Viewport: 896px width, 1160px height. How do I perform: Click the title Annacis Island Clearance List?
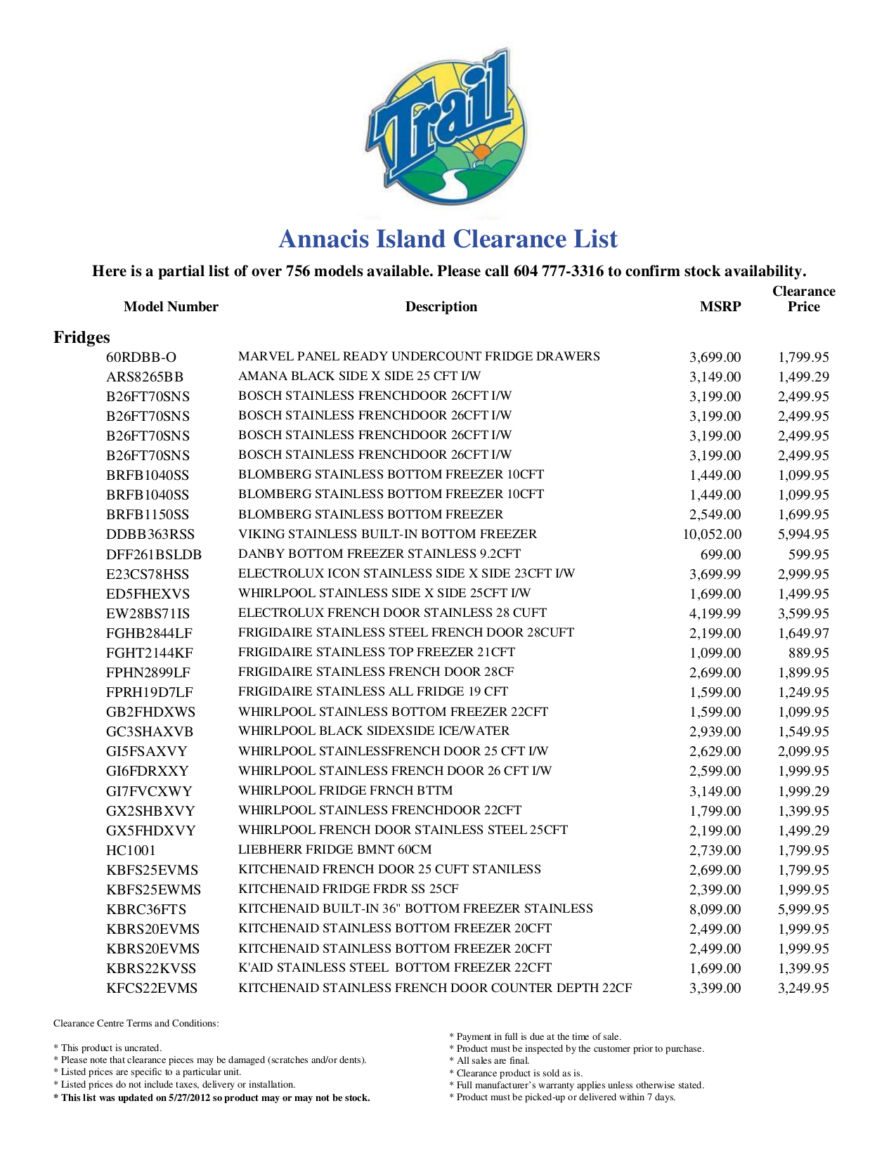pyautogui.click(x=448, y=240)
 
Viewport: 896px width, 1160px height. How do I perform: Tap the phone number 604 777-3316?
pyautogui.click(x=559, y=271)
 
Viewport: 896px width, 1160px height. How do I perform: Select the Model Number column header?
pyautogui.click(x=171, y=306)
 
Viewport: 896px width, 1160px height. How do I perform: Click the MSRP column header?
pyautogui.click(x=720, y=306)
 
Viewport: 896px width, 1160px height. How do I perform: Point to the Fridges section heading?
pyautogui.click(x=82, y=337)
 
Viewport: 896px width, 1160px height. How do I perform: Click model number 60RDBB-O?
pyautogui.click(x=141, y=357)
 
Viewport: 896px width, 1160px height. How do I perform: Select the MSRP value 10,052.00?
pyautogui.click(x=711, y=534)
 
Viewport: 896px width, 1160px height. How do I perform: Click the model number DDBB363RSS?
pyautogui.click(x=150, y=534)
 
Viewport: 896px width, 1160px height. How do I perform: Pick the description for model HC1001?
pyautogui.click(x=335, y=849)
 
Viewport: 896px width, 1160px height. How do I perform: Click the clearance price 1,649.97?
pyautogui.click(x=803, y=633)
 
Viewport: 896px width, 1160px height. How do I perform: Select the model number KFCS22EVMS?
pyautogui.click(x=152, y=988)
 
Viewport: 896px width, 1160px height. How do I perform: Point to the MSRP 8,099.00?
pyautogui.click(x=715, y=909)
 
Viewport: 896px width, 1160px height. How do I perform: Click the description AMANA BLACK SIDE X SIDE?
pyautogui.click(x=359, y=376)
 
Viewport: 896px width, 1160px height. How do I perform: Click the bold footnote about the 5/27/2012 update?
pyautogui.click(x=212, y=1097)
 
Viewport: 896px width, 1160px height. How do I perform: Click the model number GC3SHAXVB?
pyautogui.click(x=150, y=731)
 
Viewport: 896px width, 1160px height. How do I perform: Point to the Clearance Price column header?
pyautogui.click(x=803, y=299)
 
